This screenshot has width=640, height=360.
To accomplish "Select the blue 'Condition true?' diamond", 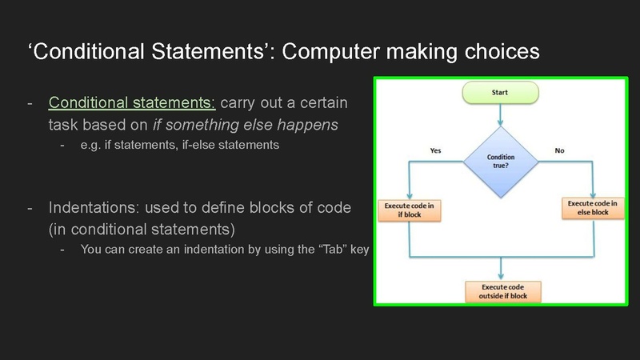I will click(501, 162).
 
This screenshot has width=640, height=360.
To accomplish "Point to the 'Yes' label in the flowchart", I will click(435, 150).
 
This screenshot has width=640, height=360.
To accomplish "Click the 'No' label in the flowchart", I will click(558, 150).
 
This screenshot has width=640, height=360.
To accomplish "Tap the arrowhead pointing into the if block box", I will click(410, 197).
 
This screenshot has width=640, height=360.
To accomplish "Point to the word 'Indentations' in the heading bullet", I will click(92, 207).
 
